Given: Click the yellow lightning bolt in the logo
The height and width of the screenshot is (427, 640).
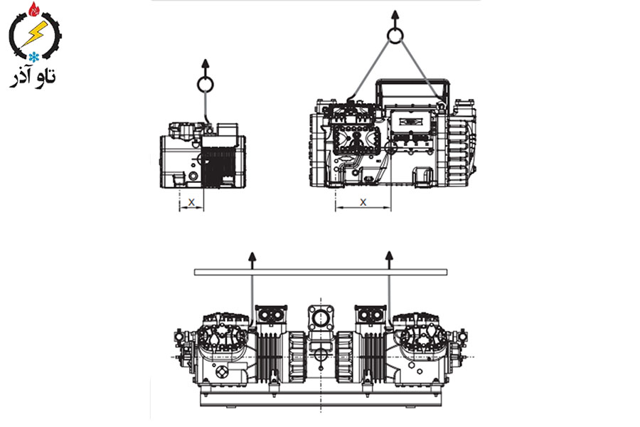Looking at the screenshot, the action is point(34,33).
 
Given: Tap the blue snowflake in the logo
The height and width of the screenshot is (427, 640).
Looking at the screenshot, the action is point(33,56).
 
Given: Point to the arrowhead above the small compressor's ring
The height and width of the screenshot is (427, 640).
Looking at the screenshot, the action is point(206,63).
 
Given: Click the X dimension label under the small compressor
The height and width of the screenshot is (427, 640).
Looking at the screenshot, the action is point(191,202).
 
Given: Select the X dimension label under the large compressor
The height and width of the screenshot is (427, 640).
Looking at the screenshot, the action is point(363,202).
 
